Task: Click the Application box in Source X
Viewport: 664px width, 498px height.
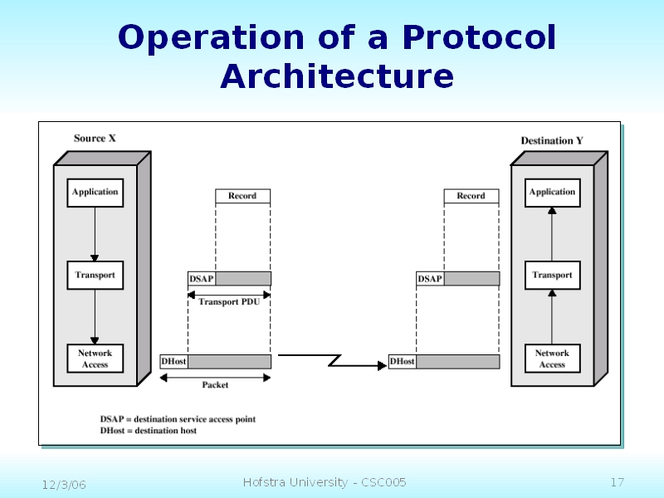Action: pyautogui.click(x=95, y=193)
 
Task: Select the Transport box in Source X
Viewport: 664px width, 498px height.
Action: pyautogui.click(x=95, y=275)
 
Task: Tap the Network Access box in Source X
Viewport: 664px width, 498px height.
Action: pyautogui.click(x=95, y=359)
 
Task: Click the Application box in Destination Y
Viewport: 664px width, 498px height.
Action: pyautogui.click(x=552, y=193)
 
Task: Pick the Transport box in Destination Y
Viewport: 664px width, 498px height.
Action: pyautogui.click(x=552, y=275)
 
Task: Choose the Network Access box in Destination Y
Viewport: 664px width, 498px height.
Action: pyautogui.click(x=552, y=359)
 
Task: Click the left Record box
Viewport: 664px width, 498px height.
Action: pyautogui.click(x=242, y=196)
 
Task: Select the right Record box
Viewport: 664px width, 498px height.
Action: pyautogui.click(x=471, y=196)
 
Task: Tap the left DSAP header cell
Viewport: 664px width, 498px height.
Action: pyautogui.click(x=202, y=279)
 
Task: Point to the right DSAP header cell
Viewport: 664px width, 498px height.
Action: pyautogui.click(x=430, y=279)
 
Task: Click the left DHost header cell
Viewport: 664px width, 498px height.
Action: pyautogui.click(x=173, y=362)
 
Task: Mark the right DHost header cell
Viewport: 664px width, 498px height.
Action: pyautogui.click(x=403, y=362)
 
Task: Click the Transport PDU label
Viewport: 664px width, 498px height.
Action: pyautogui.click(x=230, y=302)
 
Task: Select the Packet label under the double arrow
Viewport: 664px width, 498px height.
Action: pyautogui.click(x=215, y=385)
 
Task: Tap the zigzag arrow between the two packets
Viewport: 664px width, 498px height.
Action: pyautogui.click(x=332, y=360)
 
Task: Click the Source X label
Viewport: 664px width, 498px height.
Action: pyautogui.click(x=95, y=139)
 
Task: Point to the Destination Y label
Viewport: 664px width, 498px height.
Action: pyautogui.click(x=552, y=141)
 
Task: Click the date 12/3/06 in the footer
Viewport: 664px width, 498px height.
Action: pyautogui.click(x=65, y=484)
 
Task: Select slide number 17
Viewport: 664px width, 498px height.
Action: pyautogui.click(x=617, y=483)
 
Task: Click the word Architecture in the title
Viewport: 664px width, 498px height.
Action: pyautogui.click(x=337, y=77)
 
